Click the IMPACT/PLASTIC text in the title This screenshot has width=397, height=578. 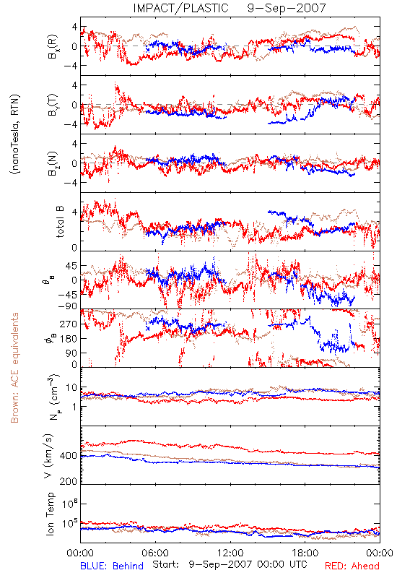point(180,8)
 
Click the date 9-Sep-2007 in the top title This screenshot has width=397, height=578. point(287,8)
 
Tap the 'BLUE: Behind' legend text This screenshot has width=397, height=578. point(112,566)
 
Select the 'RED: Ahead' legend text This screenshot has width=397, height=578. point(352,566)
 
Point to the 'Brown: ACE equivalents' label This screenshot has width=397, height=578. point(14,368)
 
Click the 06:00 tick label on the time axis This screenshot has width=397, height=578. point(155,553)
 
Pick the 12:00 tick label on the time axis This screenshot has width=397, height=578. point(230,553)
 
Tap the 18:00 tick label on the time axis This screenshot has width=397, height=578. point(305,553)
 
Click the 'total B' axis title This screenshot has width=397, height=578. point(60,222)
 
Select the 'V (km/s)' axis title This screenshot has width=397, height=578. point(48,456)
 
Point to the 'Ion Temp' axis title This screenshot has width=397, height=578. point(50,514)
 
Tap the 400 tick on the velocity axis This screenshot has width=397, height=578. point(68,456)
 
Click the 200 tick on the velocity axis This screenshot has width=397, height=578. point(68,481)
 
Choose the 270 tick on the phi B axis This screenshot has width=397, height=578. point(69,324)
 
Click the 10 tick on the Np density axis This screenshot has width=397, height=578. point(71,387)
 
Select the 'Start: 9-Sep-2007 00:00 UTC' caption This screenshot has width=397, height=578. point(230,564)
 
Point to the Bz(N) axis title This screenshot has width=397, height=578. point(52,163)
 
